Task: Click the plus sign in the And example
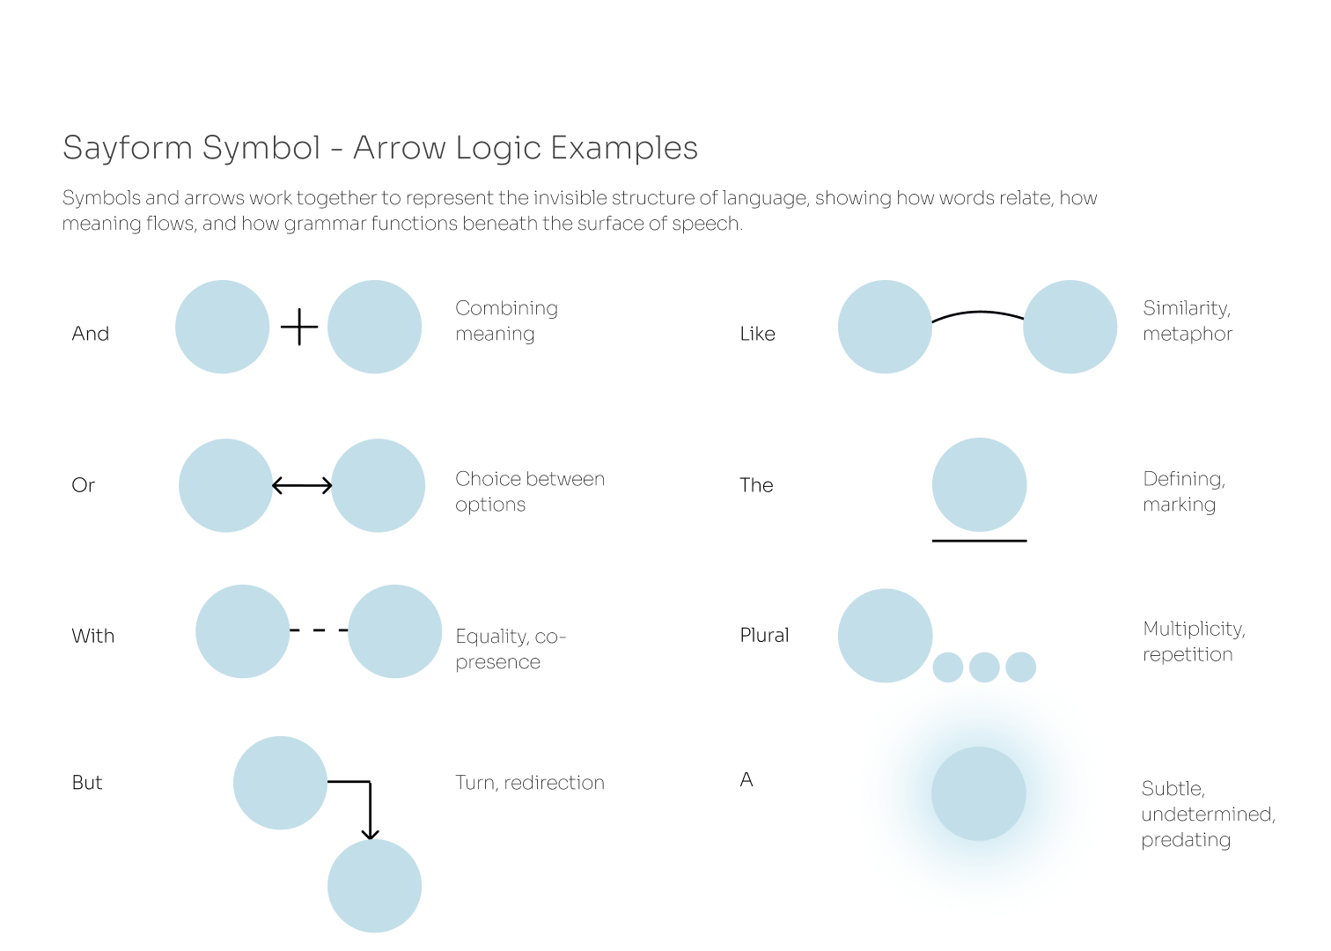coord(299,327)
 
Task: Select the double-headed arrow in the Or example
coord(302,485)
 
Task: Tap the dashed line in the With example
coord(319,630)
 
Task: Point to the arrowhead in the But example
coord(371,833)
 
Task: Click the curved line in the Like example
coord(978,313)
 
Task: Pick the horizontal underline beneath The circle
coord(979,541)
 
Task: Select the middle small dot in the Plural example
coord(984,667)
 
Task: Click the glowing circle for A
coord(979,793)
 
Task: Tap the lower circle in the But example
coord(374,886)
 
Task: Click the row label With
coord(93,636)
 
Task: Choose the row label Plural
coord(764,635)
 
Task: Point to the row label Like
coord(757,334)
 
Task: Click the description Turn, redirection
coord(530,783)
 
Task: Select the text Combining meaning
coord(506,321)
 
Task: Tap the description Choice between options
coord(530,491)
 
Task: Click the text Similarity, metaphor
coord(1188,321)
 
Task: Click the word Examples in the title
coord(624,148)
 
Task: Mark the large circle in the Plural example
coord(885,636)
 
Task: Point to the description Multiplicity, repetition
coord(1194,641)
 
